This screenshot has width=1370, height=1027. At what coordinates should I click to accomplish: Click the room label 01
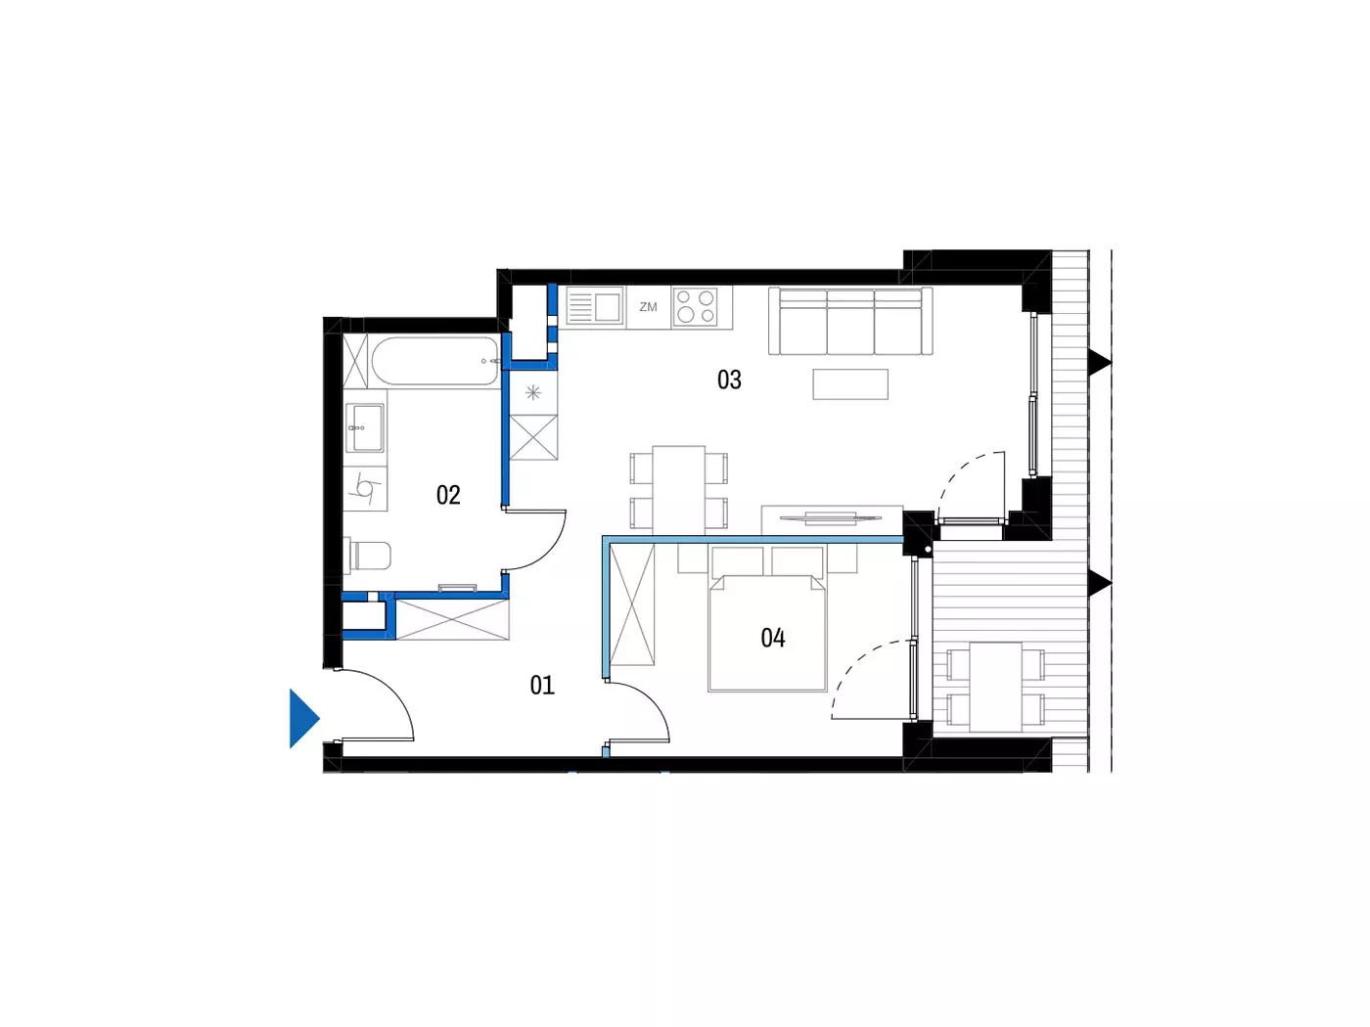click(542, 686)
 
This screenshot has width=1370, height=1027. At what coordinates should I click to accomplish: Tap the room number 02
click(448, 495)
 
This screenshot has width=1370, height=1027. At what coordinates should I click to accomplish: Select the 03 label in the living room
click(729, 380)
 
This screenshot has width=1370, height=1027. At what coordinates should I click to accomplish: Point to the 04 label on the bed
click(773, 638)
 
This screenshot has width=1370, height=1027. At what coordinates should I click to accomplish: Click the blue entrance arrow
click(304, 718)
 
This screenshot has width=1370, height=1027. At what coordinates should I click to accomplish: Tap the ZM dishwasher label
click(648, 307)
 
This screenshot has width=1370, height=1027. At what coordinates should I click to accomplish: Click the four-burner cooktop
click(696, 307)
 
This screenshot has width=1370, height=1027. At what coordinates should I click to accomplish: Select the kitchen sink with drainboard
click(595, 307)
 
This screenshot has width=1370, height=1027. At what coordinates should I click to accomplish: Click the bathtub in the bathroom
click(435, 362)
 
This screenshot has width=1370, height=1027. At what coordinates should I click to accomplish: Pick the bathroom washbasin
click(365, 427)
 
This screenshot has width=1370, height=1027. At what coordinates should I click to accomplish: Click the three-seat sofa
click(850, 321)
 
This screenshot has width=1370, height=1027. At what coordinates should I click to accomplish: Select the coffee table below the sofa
click(850, 384)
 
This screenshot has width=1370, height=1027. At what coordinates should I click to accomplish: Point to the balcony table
click(995, 688)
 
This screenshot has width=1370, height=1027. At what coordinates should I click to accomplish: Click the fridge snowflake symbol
click(532, 393)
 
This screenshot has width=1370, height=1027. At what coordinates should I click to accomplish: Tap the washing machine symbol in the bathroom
click(365, 489)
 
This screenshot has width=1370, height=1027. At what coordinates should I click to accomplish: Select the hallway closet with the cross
click(452, 619)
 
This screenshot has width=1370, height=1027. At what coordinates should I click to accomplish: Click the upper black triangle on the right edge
click(1100, 362)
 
